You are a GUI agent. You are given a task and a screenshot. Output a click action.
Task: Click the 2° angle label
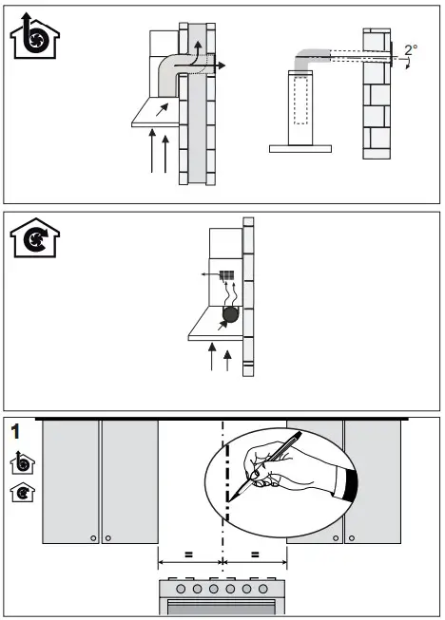411,50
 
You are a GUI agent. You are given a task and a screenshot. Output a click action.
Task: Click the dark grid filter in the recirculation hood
227,277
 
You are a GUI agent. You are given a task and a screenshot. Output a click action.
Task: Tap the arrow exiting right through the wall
218,66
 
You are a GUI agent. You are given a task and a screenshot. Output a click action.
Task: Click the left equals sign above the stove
189,554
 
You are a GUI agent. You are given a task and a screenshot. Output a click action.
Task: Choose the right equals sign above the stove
254,554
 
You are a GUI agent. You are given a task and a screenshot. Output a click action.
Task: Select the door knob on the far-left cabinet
92,538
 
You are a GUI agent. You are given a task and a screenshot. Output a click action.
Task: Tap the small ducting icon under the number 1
18,464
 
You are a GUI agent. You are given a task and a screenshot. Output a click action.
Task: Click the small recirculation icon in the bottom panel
18,493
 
